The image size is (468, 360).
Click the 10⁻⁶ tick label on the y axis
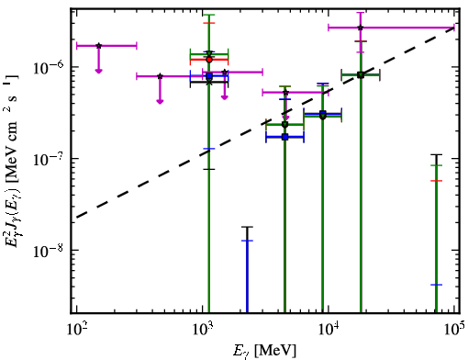(48, 68)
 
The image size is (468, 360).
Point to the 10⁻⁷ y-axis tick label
(48, 159)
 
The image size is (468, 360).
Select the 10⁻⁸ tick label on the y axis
(48, 251)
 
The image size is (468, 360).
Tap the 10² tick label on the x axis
(76, 330)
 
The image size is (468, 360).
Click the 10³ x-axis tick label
(203, 330)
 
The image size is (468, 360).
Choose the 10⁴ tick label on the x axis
(329, 330)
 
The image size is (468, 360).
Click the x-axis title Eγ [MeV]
(265, 351)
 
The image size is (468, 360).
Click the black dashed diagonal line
(265, 123)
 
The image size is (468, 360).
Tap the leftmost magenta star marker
(98, 46)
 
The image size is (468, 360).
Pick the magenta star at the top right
(361, 28)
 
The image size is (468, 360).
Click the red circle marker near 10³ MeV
(209, 60)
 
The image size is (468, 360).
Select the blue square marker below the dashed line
(285, 137)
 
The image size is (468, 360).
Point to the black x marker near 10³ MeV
(209, 82)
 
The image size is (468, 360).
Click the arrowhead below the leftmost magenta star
(98, 72)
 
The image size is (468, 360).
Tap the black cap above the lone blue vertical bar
(247, 227)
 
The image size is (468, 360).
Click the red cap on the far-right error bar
(436, 181)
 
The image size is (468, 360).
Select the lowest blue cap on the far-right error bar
(436, 285)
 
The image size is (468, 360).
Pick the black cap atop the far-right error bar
(436, 154)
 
